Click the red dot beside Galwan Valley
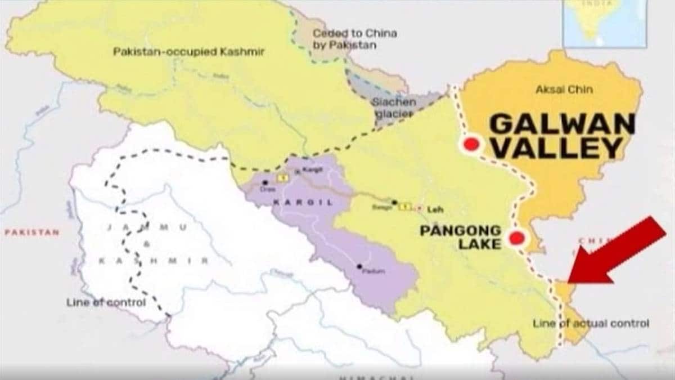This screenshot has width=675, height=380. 471,144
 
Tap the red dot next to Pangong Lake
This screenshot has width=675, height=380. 516,239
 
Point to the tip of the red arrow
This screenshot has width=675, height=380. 569,281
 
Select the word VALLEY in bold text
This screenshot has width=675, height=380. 561,148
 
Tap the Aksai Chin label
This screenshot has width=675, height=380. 564,90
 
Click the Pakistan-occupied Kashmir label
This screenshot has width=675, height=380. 188,52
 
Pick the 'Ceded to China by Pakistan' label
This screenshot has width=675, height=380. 354,39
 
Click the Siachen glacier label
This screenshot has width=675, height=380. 394,108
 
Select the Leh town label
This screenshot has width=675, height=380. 435,209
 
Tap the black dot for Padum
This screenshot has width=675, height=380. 359,266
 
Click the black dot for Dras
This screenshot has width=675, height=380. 264,183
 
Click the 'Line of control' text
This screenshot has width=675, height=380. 106,302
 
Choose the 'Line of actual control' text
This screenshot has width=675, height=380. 591,324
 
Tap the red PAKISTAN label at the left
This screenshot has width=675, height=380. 32,232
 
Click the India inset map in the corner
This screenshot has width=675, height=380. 605,23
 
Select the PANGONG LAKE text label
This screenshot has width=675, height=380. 460,237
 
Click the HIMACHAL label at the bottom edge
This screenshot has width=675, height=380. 375,377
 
